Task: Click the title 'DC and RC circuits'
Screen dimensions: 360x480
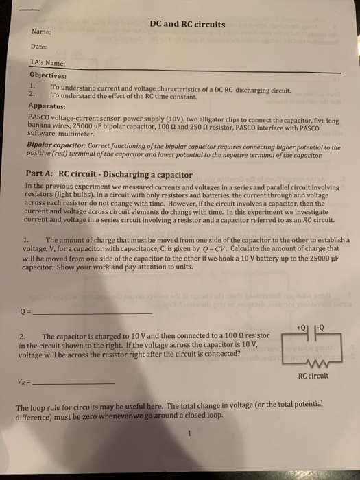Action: [x=187, y=25]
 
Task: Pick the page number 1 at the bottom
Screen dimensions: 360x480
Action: [x=187, y=433]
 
